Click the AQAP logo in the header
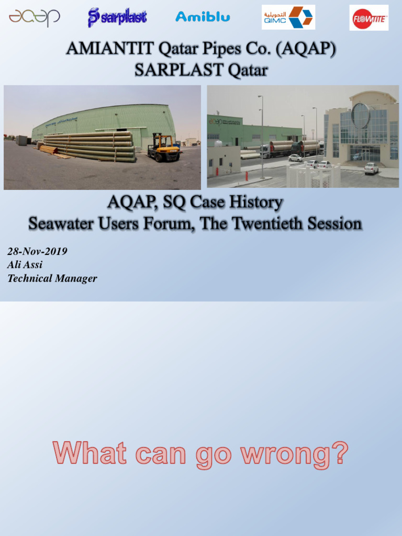(34, 17)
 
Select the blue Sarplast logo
(117, 17)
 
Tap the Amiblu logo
(203, 17)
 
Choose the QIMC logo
(288, 17)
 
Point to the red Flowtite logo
(369, 18)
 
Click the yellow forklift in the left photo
(163, 148)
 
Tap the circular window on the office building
(360, 115)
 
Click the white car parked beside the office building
(371, 168)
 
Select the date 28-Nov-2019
(37, 251)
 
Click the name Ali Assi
(25, 265)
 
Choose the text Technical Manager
(52, 278)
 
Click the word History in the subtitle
(252, 203)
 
